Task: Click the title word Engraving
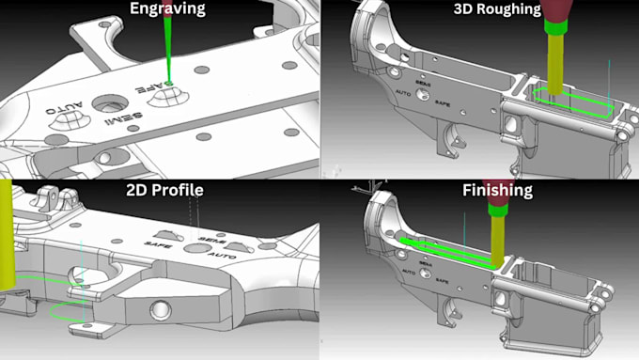167,8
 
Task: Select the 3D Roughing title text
497,8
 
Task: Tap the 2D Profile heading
164,190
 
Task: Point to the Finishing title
497,191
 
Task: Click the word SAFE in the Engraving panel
153,86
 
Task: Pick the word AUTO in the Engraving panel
64,107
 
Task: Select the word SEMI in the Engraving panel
123,118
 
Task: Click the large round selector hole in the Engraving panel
110,103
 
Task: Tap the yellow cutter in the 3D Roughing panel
555,65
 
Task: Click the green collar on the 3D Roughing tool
555,27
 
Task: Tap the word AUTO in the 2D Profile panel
222,256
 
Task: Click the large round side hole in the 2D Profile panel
161,311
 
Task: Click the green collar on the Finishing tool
498,210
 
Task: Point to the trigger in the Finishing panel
451,311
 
